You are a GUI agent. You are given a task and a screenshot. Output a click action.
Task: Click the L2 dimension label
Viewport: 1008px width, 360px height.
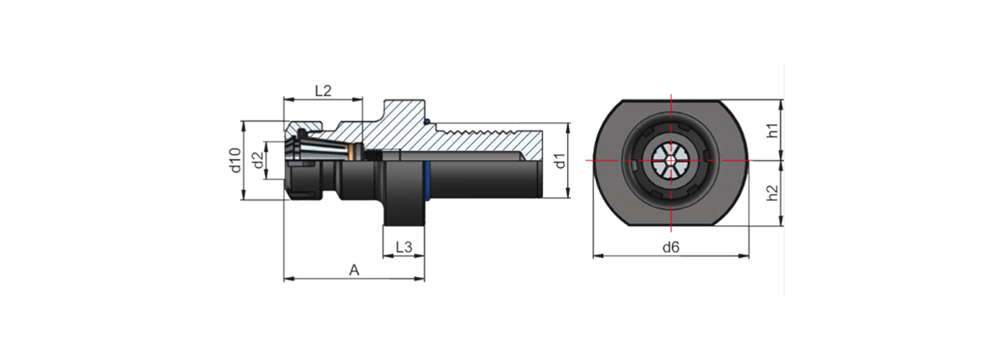(x=323, y=91)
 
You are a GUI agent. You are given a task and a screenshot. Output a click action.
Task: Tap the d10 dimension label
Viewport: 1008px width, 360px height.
(x=234, y=160)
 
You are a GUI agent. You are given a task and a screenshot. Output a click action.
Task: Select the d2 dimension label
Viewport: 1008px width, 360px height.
(x=257, y=161)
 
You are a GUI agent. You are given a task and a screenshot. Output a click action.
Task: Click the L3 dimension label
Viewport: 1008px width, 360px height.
(x=403, y=247)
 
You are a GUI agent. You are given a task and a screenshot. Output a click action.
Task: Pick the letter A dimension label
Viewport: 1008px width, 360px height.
(x=354, y=270)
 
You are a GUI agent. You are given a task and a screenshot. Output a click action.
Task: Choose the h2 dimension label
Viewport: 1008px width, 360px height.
(x=772, y=193)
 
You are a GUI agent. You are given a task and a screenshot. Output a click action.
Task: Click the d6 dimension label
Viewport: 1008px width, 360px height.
(x=671, y=247)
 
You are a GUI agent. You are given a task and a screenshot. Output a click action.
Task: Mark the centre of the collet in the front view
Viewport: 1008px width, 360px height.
(x=671, y=160)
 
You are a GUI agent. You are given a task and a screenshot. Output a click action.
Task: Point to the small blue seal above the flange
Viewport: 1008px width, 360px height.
(x=427, y=121)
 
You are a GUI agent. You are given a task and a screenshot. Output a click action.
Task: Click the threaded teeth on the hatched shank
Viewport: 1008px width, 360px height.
(x=490, y=131)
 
